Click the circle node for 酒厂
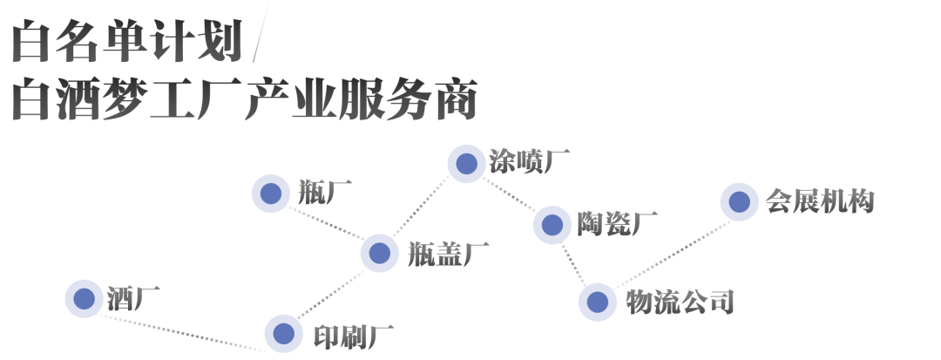point(85,299)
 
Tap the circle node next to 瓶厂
point(270,194)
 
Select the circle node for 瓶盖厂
point(379,253)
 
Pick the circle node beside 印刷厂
point(282,333)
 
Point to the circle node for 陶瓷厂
point(552,225)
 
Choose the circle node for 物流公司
point(597,302)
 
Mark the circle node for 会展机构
point(740,202)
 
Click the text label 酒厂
point(133,298)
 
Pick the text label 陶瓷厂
point(617,225)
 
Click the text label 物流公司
point(680,302)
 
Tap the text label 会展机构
point(819,202)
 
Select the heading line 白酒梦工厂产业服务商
point(244,103)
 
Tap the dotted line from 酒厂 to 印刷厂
point(183,333)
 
